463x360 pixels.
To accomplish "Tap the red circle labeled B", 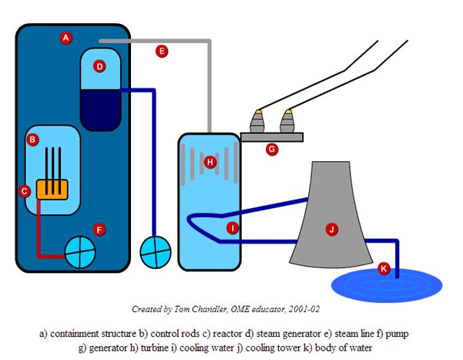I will (33, 140).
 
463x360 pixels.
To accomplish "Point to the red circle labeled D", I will (99, 66).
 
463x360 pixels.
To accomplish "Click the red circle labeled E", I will (161, 52).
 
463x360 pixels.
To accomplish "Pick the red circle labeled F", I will (99, 229).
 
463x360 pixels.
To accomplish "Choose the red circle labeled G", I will (271, 150).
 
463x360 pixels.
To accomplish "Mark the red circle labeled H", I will (210, 161).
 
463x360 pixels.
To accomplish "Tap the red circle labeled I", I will (233, 227).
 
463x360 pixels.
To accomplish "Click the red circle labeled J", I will (331, 228).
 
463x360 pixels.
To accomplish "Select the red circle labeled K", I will (384, 268).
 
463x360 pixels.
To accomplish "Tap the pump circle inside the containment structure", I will (79, 252).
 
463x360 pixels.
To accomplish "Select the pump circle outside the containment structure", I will (154, 251).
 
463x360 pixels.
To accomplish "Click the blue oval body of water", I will (386, 284).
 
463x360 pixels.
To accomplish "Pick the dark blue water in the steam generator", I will (100, 108).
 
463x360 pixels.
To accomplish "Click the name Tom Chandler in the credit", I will (190, 309).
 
